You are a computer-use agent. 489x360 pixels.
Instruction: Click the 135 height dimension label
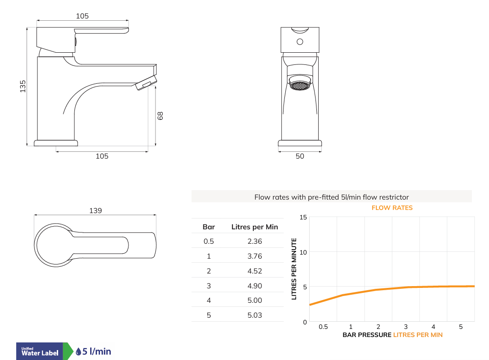pyautogui.click(x=23, y=86)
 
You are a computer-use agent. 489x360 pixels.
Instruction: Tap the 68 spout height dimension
pyautogui.click(x=160, y=116)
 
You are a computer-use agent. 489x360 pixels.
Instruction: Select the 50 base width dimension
pyautogui.click(x=300, y=156)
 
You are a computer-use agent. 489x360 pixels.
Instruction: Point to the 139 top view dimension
pyautogui.click(x=96, y=210)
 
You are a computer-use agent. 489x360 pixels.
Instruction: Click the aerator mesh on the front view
pyautogui.click(x=300, y=85)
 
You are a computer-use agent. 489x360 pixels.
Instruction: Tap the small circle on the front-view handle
pyautogui.click(x=300, y=42)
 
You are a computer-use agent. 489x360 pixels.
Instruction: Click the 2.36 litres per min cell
pyautogui.click(x=255, y=241)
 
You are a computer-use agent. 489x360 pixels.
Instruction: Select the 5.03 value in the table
pyautogui.click(x=255, y=315)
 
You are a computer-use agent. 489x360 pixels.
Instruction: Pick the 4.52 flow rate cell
pyautogui.click(x=255, y=271)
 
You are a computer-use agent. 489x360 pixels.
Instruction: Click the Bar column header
pyautogui.click(x=209, y=227)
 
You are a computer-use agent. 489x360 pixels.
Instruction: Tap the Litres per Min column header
pyautogui.click(x=255, y=227)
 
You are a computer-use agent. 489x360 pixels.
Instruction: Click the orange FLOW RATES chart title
pyautogui.click(x=392, y=208)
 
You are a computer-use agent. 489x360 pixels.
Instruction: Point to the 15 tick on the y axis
pyautogui.click(x=303, y=218)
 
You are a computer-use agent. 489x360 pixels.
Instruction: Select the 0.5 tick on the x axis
pyautogui.click(x=323, y=327)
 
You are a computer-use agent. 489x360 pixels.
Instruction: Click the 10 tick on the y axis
pyautogui.click(x=303, y=252)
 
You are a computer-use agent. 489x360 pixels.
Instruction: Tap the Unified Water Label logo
pyautogui.click(x=40, y=351)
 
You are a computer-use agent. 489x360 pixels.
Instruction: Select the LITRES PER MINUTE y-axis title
pyautogui.click(x=294, y=269)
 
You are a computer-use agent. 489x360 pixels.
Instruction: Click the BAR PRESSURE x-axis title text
pyautogui.click(x=367, y=335)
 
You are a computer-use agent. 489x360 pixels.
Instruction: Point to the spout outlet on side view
pyautogui.click(x=146, y=84)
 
